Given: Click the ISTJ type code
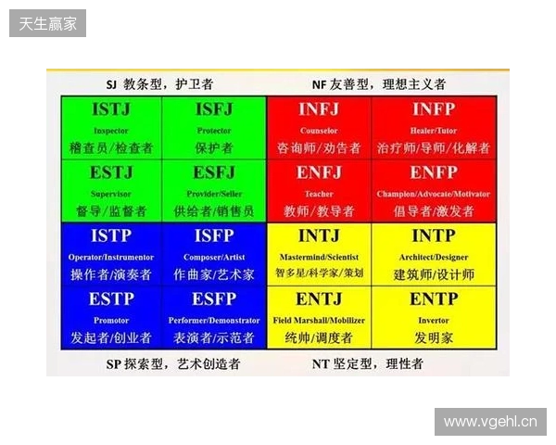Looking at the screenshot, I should pos(111,111).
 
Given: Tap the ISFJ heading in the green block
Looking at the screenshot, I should pos(214,111).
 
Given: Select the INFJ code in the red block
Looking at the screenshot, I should pos(319,111).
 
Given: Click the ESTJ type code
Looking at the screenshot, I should pos(111,173).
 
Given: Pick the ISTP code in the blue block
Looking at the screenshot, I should pos(111,236).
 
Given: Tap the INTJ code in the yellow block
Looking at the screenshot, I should pos(319,236).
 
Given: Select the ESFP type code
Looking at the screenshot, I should pos(214,299).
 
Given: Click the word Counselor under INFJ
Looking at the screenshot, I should pos(319,131).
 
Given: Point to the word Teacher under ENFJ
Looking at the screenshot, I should pos(319,194).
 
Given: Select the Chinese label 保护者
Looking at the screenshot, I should pos(214,147).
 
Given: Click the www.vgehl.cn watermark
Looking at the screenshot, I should pos(488,422).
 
